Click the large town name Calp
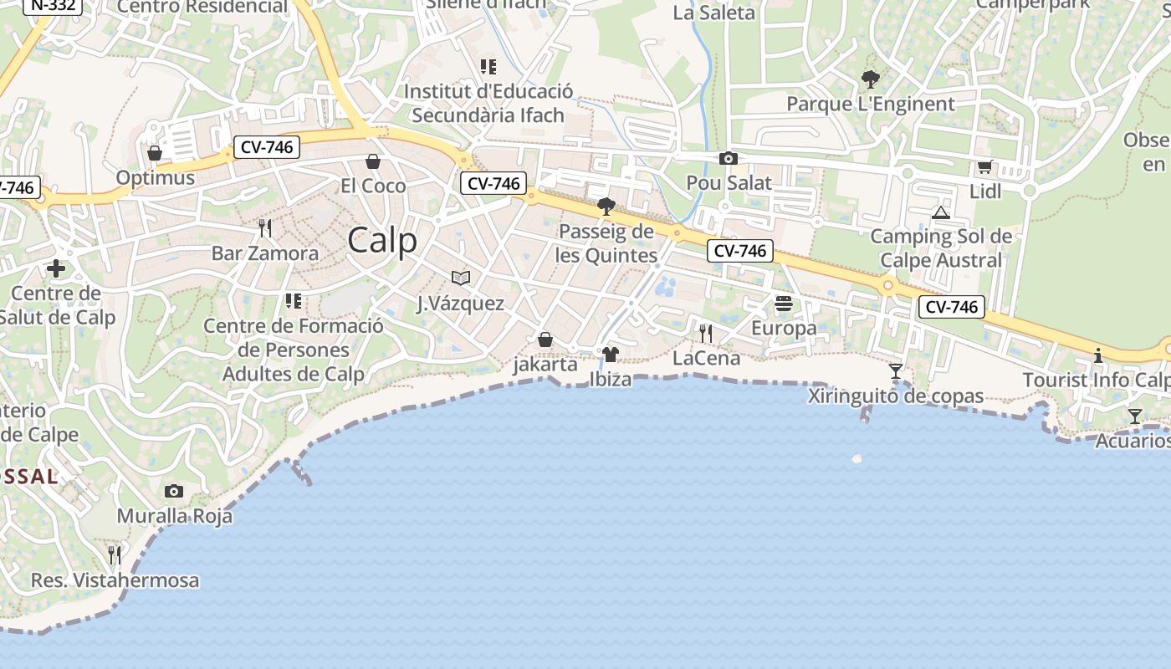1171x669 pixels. pos(382,241)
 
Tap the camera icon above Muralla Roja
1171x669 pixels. pos(174,491)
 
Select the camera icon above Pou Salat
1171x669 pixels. pos(729,158)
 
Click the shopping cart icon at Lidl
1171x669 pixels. pos(985,167)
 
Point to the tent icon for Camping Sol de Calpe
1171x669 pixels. pos(941,212)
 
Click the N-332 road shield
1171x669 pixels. pos(52,5)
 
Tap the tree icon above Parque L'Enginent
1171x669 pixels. pos(871,80)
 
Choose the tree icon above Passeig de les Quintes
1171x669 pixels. pos(606,207)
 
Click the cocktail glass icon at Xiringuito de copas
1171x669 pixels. pos(896,371)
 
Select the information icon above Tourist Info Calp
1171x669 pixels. pos(1098,355)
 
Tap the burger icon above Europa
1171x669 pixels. pos(784,304)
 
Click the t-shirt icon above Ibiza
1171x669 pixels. pos(611,355)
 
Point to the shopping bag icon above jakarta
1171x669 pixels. pos(545,340)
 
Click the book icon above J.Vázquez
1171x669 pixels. pos(461,278)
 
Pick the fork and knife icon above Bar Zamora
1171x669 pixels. pos(265,227)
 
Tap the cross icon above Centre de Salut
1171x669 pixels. pos(56,268)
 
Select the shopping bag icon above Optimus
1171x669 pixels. pos(155,153)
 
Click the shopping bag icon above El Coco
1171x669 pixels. pos(373,161)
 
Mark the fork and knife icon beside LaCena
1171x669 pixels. pos(706,334)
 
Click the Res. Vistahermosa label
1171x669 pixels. pos(115,580)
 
